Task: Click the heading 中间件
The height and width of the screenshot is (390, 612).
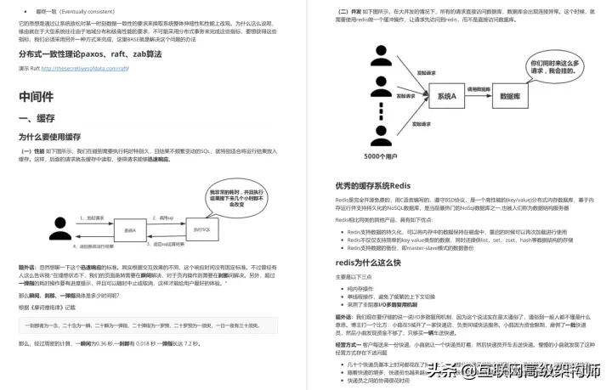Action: click(39, 96)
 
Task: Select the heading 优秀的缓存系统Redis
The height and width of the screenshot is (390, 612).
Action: click(379, 184)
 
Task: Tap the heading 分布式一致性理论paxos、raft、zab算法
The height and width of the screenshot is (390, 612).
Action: click(90, 54)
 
